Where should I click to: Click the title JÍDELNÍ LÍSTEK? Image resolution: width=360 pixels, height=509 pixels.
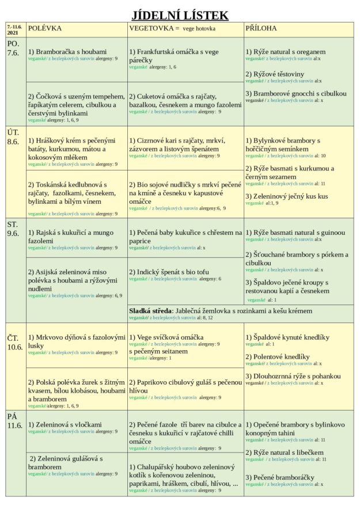180,15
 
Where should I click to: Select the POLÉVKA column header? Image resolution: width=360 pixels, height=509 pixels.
45,28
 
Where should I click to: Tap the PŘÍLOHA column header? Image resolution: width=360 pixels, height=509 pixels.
261,28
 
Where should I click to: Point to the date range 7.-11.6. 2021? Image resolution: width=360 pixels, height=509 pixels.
15,29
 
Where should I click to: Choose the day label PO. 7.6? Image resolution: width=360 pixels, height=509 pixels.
13,48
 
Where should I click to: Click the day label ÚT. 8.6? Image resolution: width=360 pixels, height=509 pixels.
13,137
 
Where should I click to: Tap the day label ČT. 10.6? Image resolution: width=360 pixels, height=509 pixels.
14,342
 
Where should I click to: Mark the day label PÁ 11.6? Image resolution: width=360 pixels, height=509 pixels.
14,421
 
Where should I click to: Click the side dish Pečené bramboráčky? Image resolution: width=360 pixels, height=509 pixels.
280,477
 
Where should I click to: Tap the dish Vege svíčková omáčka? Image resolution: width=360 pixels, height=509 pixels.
166,337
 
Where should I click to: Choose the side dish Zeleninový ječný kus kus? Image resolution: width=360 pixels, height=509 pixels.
286,196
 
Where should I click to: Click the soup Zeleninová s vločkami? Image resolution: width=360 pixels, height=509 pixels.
65,424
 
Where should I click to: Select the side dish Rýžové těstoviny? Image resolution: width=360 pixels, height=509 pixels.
275,74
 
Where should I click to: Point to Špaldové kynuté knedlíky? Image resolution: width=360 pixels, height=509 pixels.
287,337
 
